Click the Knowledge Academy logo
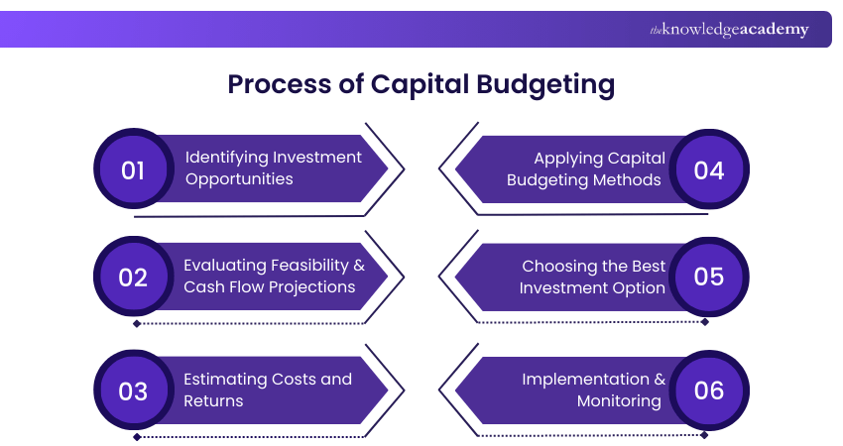729,30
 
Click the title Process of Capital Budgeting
421,84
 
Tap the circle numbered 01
133,170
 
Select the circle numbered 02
133,278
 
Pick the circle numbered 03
133,390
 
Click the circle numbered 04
709,170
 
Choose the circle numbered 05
709,278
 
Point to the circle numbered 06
709,390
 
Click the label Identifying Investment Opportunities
273,168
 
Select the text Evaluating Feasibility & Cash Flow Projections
273,277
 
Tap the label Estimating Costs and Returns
267,390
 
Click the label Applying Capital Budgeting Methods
585,168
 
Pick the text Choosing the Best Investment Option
593,277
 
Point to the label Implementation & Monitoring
593,390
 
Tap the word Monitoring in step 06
619,401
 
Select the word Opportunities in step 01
239,179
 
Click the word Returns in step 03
214,401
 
